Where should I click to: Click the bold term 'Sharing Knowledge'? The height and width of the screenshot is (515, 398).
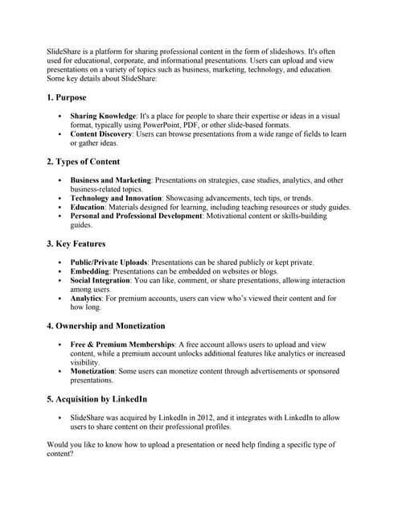tap(102, 117)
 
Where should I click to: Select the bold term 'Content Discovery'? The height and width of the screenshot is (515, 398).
tap(101, 134)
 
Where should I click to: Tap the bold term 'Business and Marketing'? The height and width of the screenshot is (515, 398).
tap(110, 180)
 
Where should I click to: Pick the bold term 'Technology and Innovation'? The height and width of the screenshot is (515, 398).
tap(115, 198)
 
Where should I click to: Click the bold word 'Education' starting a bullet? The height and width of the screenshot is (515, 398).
tap(88, 207)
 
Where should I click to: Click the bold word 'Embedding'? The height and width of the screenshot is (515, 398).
tap(91, 271)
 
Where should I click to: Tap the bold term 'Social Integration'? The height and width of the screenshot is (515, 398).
tap(100, 281)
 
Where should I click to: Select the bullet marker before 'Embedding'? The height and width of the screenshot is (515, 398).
tap(60, 272)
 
